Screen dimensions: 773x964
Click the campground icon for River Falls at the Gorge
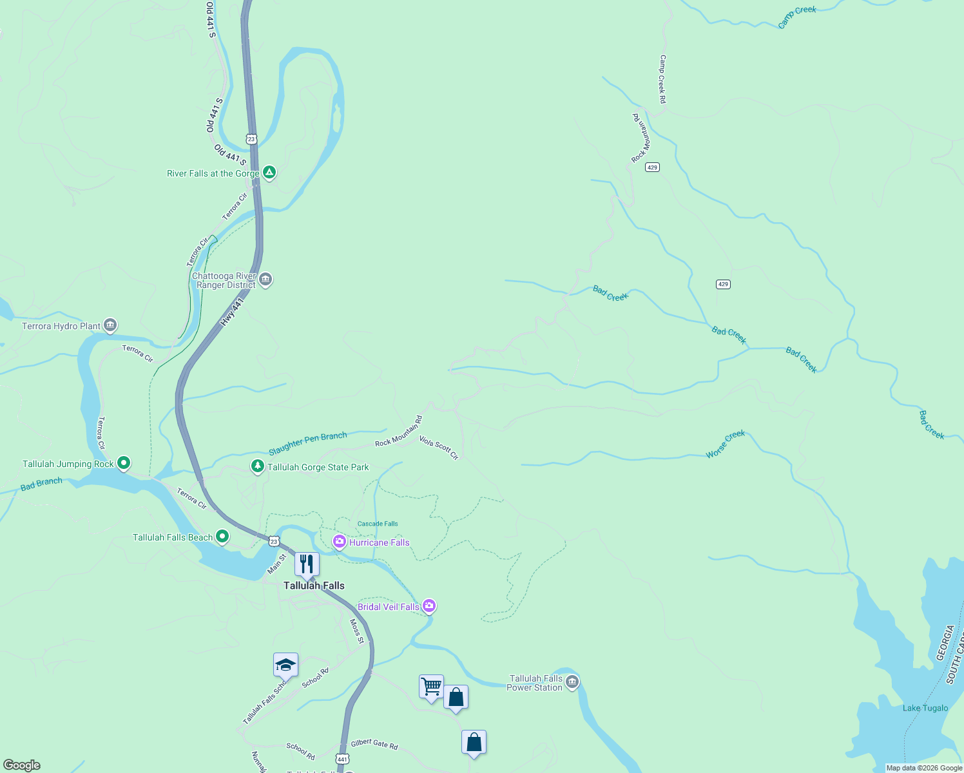click(x=269, y=173)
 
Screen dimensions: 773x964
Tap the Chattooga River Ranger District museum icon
click(x=265, y=280)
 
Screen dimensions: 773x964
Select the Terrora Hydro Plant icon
click(x=110, y=325)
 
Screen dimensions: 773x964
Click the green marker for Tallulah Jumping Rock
click(x=124, y=463)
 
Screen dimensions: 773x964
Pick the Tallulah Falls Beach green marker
click(x=222, y=537)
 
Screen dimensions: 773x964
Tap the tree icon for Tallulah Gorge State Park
click(x=258, y=466)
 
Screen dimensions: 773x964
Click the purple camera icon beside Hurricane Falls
click(x=339, y=542)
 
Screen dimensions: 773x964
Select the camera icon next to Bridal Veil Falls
click(x=429, y=606)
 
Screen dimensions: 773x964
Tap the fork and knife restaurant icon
click(x=307, y=564)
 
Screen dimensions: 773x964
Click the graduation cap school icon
click(x=285, y=665)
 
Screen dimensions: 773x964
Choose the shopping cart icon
click(x=431, y=687)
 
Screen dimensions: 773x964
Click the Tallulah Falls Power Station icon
click(x=572, y=682)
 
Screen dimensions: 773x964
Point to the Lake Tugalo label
click(x=925, y=708)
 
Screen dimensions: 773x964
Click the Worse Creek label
click(x=725, y=444)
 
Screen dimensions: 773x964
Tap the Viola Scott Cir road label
click(x=439, y=447)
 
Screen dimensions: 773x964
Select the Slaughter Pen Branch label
click(x=308, y=443)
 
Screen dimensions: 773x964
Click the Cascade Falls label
click(x=378, y=524)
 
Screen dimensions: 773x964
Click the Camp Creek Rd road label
click(x=662, y=79)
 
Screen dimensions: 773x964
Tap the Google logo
click(x=22, y=765)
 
